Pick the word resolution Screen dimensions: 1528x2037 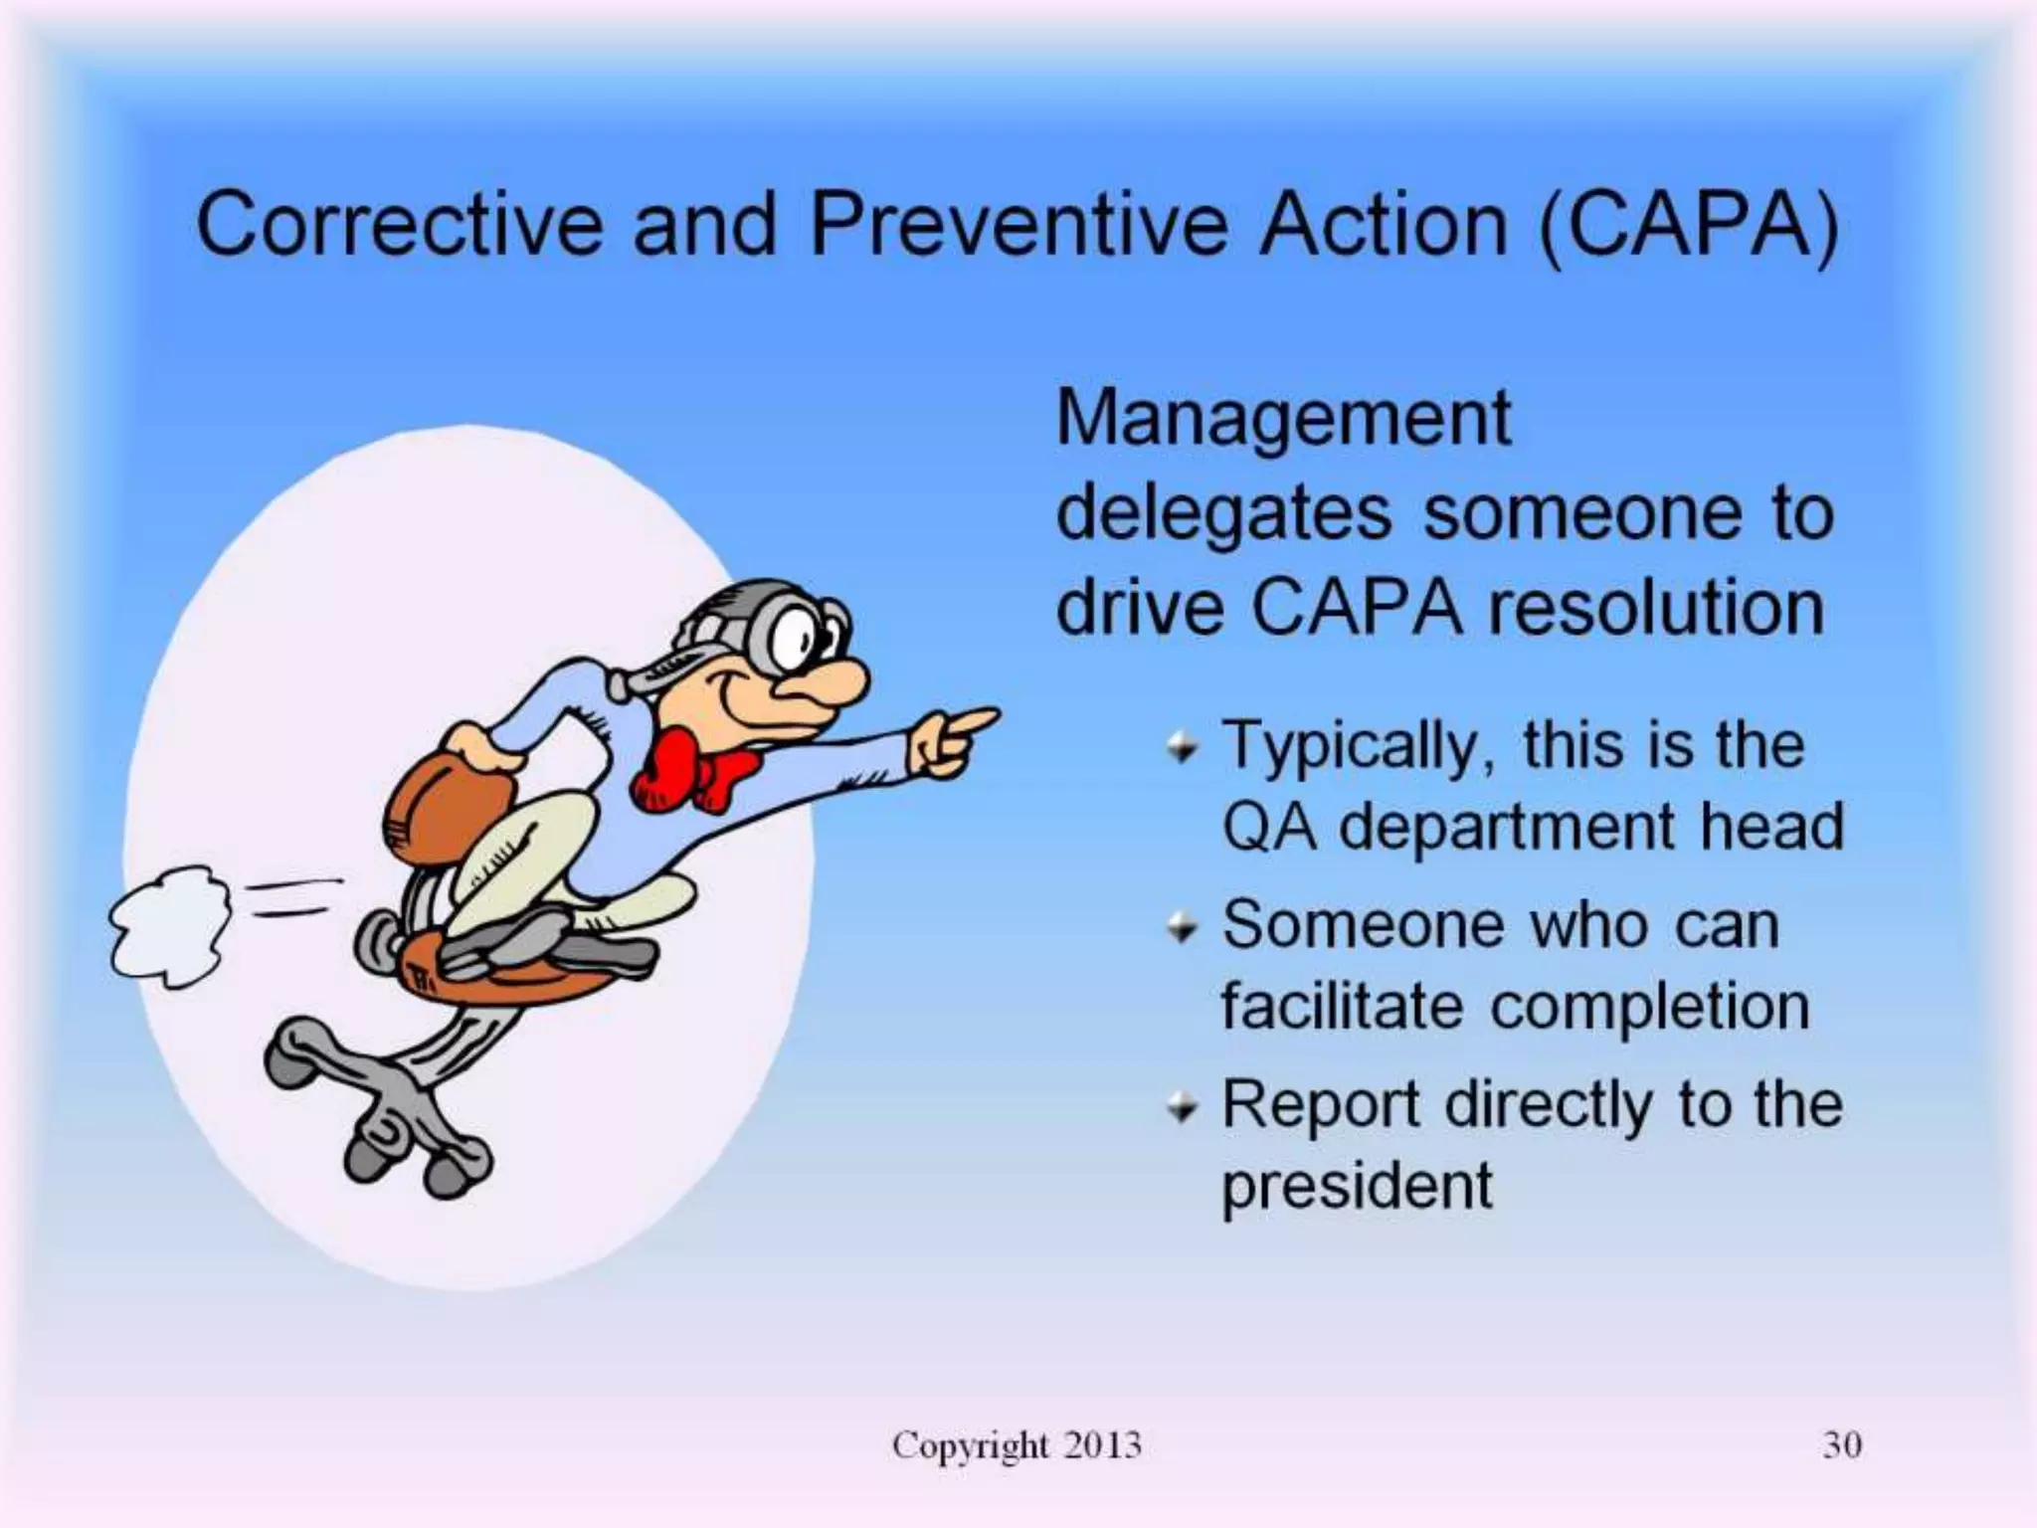click(1656, 609)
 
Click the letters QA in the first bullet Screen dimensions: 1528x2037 click(1269, 828)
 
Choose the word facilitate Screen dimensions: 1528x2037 click(1342, 1007)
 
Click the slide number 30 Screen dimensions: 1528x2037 click(1841, 1444)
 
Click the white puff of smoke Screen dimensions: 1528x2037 click(169, 925)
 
